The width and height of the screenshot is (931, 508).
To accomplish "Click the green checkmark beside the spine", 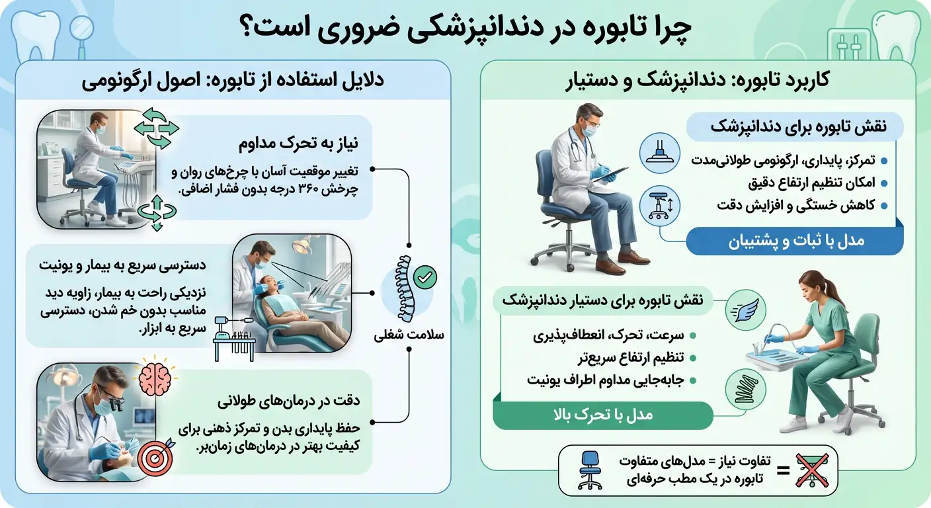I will coord(424,276).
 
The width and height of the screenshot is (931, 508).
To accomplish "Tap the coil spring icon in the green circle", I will coord(747,388).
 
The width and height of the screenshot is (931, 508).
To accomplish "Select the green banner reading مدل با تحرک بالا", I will coord(602,415).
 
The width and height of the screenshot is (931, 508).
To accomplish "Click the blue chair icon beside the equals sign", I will coord(588,471).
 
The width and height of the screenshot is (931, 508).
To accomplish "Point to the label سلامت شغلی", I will coord(401,335).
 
